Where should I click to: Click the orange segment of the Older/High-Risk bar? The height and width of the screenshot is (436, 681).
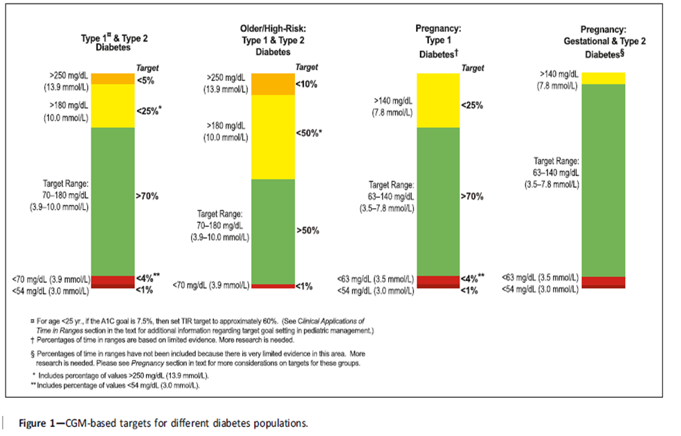pyautogui.click(x=273, y=84)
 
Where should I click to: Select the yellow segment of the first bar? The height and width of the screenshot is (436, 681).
pyautogui.click(x=112, y=106)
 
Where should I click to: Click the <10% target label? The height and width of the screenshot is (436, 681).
pyautogui.click(x=307, y=84)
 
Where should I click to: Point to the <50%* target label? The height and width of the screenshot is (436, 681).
pyautogui.click(x=309, y=132)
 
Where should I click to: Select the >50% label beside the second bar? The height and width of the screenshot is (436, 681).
pyautogui.click(x=307, y=230)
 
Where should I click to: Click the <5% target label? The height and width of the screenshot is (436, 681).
pyautogui.click(x=145, y=80)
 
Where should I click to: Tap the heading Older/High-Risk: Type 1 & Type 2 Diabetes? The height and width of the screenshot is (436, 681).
pyautogui.click(x=273, y=39)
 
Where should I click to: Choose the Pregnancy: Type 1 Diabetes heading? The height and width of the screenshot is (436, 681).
pyautogui.click(x=438, y=40)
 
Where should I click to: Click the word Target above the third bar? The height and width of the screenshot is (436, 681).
pyautogui.click(x=473, y=68)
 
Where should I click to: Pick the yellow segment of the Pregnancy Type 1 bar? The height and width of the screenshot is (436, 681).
pyautogui.click(x=438, y=100)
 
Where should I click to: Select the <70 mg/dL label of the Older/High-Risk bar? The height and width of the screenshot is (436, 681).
pyautogui.click(x=210, y=284)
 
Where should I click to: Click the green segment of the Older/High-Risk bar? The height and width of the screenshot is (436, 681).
pyautogui.click(x=273, y=230)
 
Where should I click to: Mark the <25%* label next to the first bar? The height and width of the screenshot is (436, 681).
pyautogui.click(x=149, y=110)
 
